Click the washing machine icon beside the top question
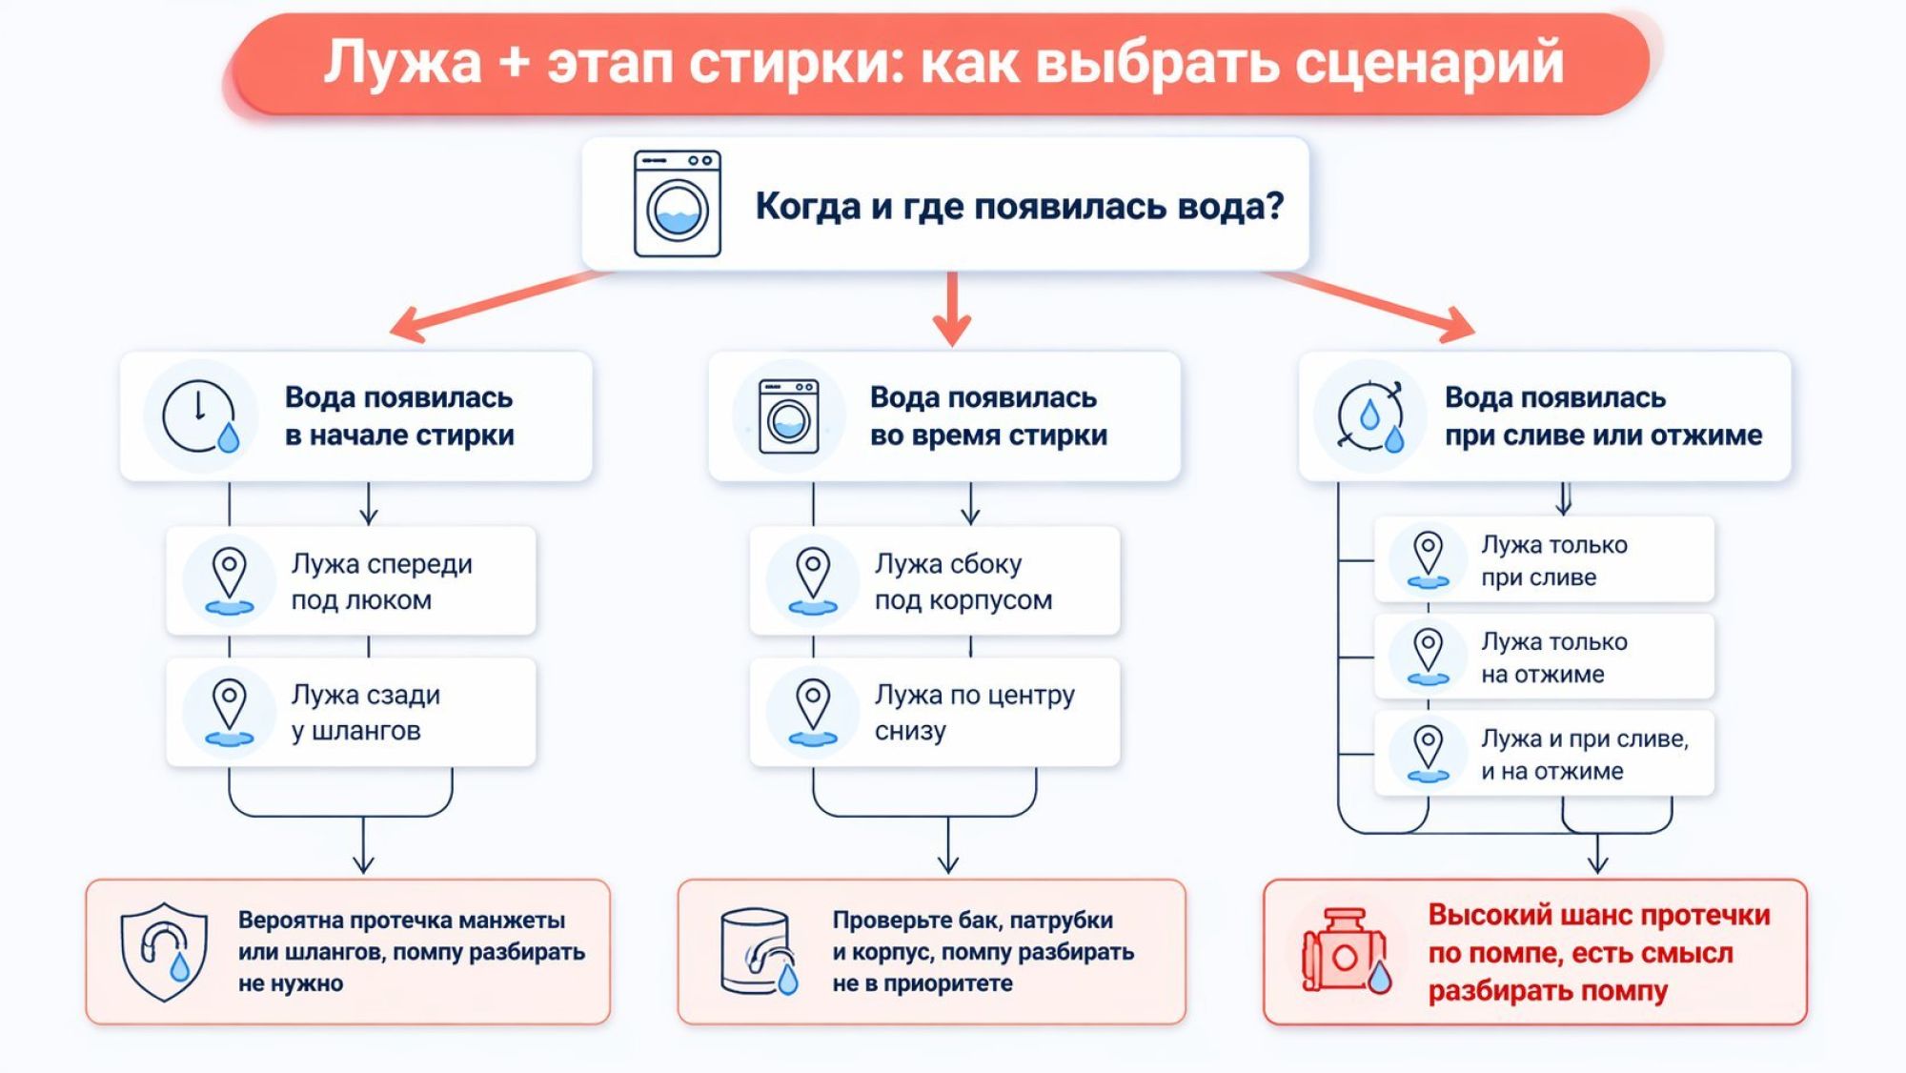coord(678,204)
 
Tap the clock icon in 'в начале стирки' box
coord(199,416)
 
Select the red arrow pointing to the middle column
coord(951,310)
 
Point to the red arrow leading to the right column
coord(1372,303)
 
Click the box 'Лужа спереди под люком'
coord(351,581)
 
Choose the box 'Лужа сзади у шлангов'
coord(351,712)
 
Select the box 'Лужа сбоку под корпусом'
coord(934,581)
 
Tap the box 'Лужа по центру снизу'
coord(934,712)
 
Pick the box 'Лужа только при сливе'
coord(1544,560)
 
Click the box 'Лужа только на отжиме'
coord(1544,658)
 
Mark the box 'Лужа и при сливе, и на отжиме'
coord(1544,754)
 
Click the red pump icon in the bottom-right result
coord(1345,952)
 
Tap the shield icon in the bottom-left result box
coord(164,951)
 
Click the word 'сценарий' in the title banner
coord(1429,63)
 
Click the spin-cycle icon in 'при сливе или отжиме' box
coord(1370,416)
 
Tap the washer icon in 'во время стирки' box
coord(788,416)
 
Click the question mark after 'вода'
coord(1273,206)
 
